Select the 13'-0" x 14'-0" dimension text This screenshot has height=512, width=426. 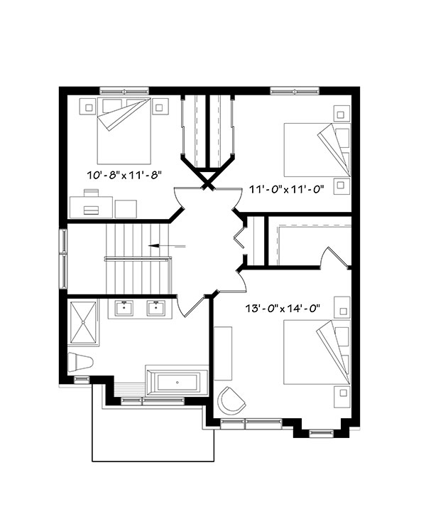[282, 308]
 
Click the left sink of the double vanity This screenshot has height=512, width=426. [125, 308]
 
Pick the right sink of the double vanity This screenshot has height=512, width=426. [155, 308]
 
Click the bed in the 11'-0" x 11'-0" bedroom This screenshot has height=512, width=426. [317, 150]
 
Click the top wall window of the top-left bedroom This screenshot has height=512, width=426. [124, 90]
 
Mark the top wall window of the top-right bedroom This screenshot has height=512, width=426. [294, 90]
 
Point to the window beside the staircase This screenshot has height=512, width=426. [63, 259]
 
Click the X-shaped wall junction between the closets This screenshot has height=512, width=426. [209, 181]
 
